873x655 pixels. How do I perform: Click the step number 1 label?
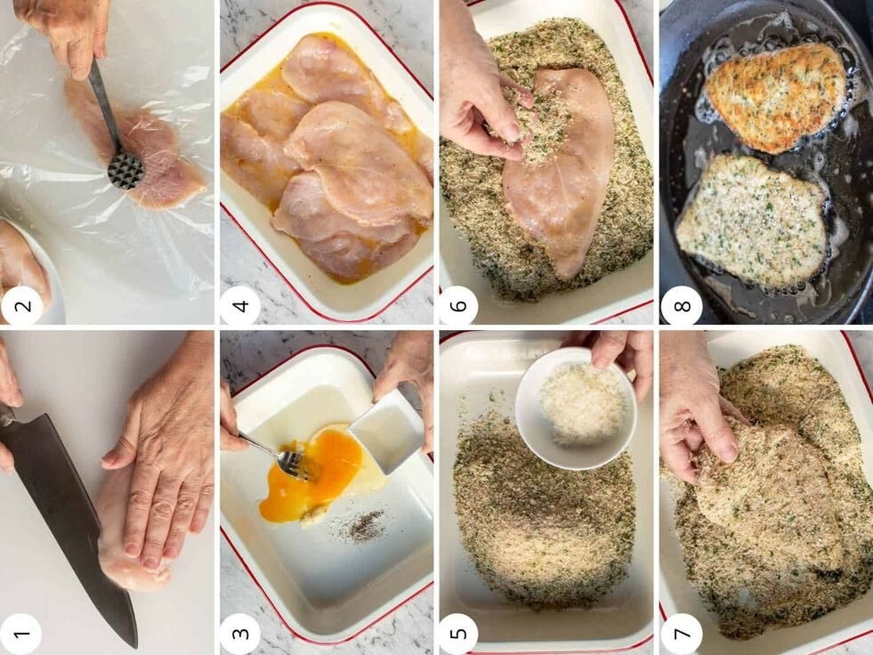tap(20, 635)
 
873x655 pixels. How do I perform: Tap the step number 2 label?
tap(20, 305)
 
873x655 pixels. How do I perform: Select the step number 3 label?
tap(240, 634)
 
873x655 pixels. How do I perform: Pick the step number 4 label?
tap(240, 305)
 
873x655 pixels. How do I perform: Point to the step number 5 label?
tap(459, 634)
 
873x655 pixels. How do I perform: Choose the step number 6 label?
tap(459, 305)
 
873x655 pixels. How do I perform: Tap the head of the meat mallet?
tap(125, 170)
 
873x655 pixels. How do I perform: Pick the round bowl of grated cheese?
tap(577, 408)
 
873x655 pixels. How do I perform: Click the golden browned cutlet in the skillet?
tap(777, 98)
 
